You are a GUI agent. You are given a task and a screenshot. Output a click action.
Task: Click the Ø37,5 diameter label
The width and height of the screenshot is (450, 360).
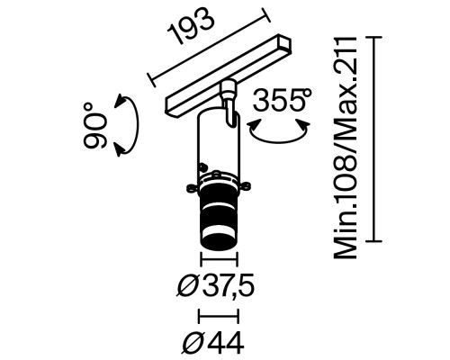(216, 287)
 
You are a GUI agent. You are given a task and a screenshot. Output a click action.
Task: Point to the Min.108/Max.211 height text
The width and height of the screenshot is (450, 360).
(347, 148)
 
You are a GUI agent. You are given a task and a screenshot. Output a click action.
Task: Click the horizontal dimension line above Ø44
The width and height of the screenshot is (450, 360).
(218, 316)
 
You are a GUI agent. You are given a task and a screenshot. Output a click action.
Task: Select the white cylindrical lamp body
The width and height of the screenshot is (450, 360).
(217, 144)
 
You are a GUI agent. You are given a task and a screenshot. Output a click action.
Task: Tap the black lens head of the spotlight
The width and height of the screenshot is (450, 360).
(218, 220)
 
